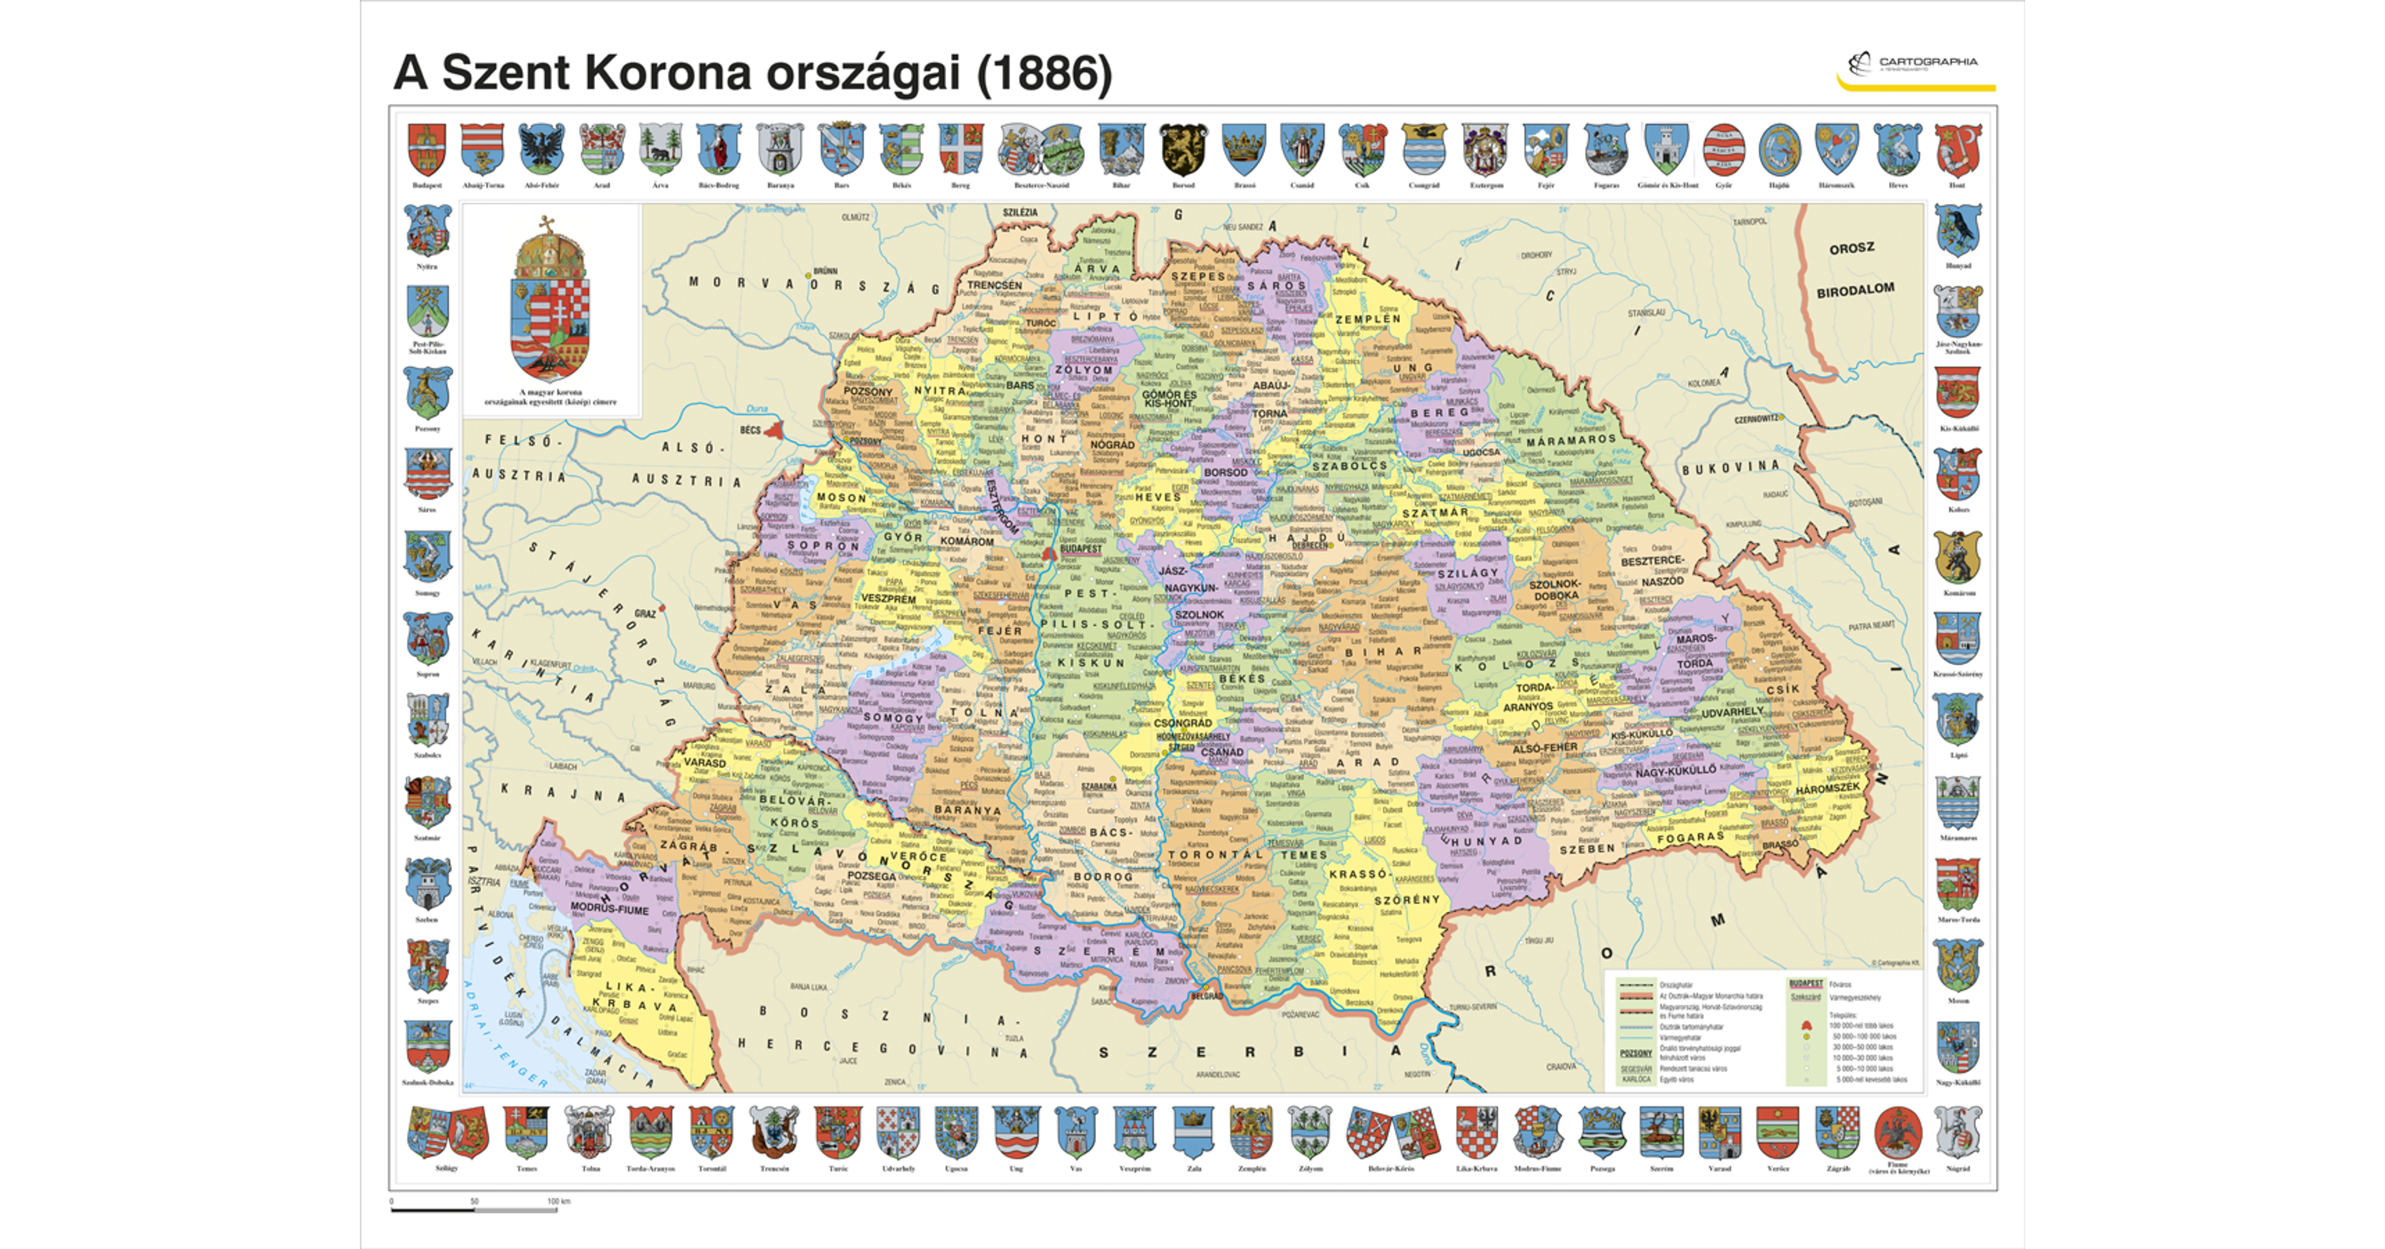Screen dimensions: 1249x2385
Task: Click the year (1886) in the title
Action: pyautogui.click(x=1044, y=74)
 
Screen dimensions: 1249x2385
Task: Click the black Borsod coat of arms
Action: pyautogui.click(x=1183, y=150)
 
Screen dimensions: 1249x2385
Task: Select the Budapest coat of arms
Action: pyautogui.click(x=427, y=150)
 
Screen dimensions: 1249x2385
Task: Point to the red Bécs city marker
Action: pyautogui.click(x=774, y=430)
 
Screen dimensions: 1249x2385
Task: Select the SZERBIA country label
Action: pyautogui.click(x=1250, y=1053)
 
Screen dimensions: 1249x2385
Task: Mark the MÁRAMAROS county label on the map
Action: pyautogui.click(x=1571, y=441)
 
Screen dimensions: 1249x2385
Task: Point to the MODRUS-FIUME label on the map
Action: pyautogui.click(x=609, y=909)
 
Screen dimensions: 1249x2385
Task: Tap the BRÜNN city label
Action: pyautogui.click(x=825, y=272)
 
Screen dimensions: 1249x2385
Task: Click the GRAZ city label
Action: pyautogui.click(x=645, y=613)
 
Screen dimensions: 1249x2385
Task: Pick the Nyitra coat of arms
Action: pyautogui.click(x=427, y=232)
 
